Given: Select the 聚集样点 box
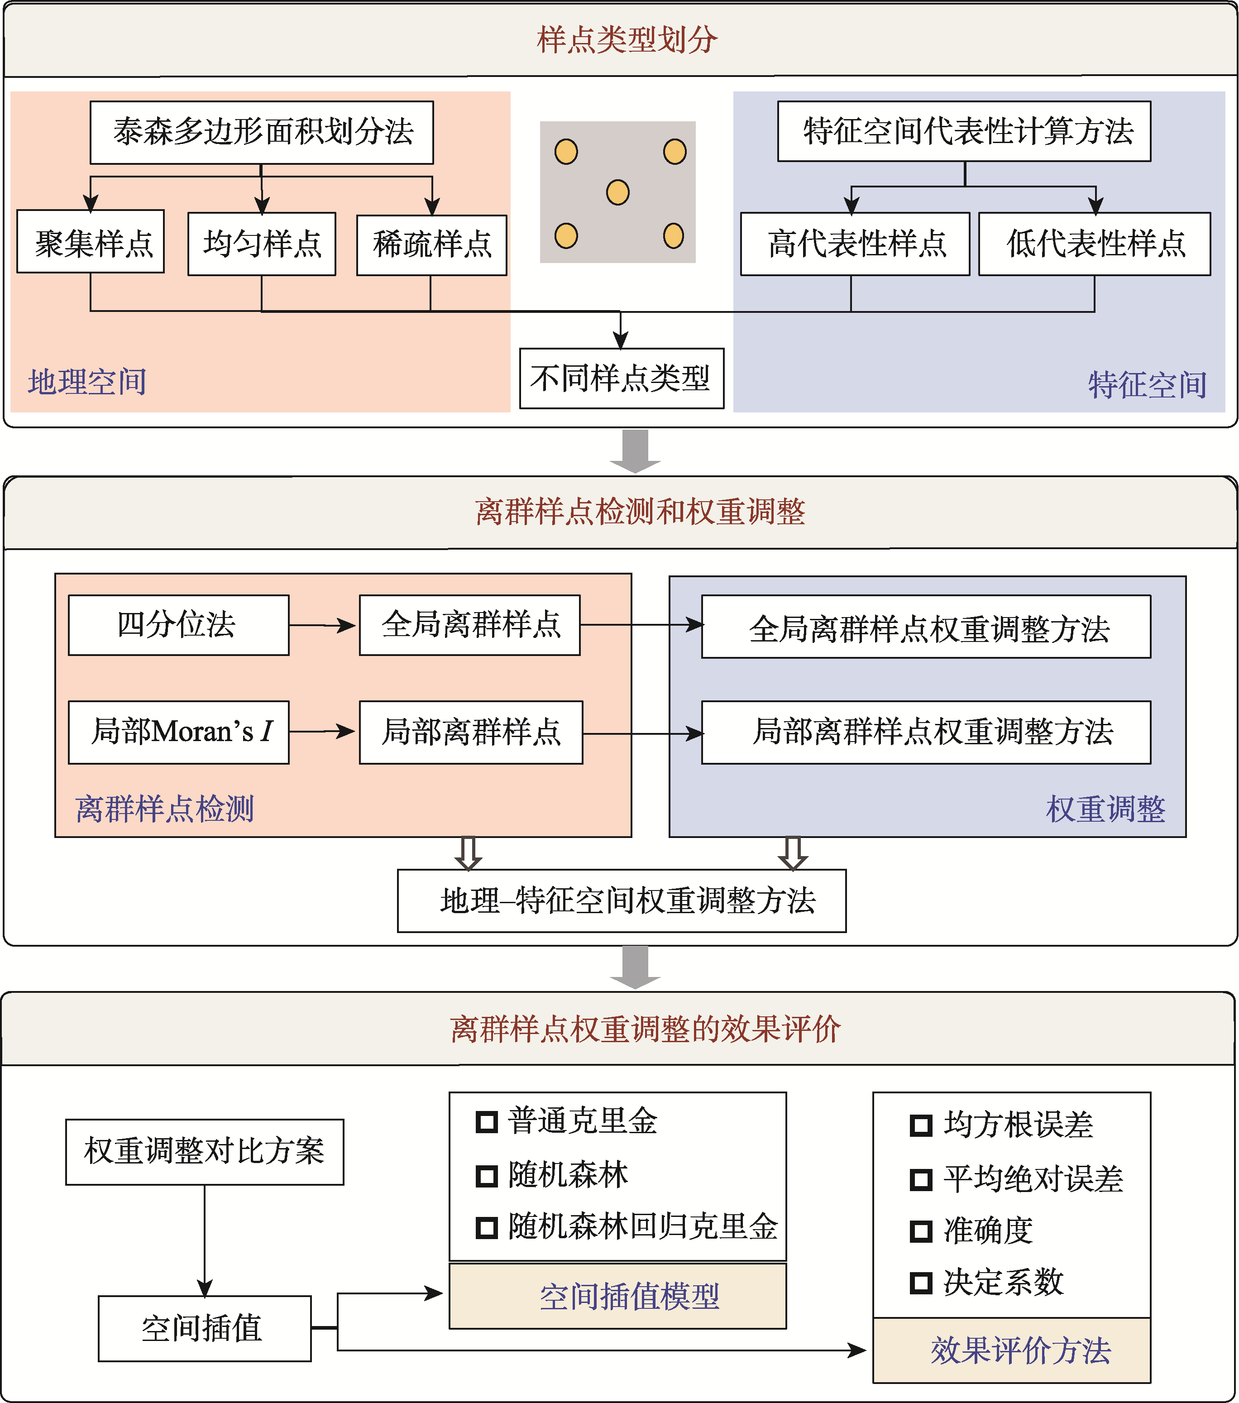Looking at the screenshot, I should (91, 242).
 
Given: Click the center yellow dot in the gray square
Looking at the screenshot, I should (618, 192).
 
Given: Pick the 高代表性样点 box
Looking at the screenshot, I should (855, 244).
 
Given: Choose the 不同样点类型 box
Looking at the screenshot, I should (621, 378).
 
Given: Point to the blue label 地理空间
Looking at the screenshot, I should (87, 382).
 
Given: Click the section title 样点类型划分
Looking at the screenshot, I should (627, 39).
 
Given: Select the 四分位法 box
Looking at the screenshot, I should (178, 625).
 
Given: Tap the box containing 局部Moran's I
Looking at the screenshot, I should (178, 732).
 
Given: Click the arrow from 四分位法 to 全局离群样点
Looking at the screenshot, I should (323, 625).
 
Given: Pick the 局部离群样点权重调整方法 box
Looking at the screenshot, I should (925, 732).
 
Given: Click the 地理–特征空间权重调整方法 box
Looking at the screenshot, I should (621, 900).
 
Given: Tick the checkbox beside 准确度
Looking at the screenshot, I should (920, 1231).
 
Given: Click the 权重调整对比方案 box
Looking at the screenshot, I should (205, 1152).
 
